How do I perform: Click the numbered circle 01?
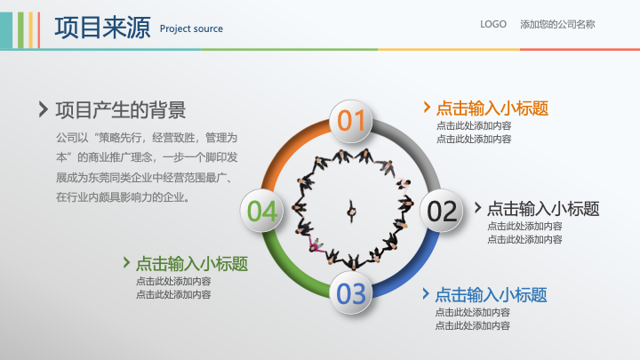(350, 121)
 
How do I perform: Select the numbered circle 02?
(442, 211)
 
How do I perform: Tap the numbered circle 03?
(351, 293)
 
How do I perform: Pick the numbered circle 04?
(261, 211)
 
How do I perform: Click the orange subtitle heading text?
(492, 108)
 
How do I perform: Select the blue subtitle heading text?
(491, 295)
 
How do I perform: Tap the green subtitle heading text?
(192, 264)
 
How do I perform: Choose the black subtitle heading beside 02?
(543, 209)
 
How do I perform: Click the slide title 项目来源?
(102, 28)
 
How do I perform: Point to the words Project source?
(191, 28)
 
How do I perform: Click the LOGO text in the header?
(493, 24)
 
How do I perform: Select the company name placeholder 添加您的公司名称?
(557, 25)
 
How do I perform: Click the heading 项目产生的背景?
(121, 110)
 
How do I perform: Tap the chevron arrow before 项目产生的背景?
(44, 109)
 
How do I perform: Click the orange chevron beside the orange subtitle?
(427, 107)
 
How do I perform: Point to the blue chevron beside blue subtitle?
(426, 293)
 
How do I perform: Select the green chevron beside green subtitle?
(126, 262)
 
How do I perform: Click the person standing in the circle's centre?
(351, 212)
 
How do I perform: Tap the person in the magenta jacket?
(315, 244)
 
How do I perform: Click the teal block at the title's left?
(6, 30)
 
